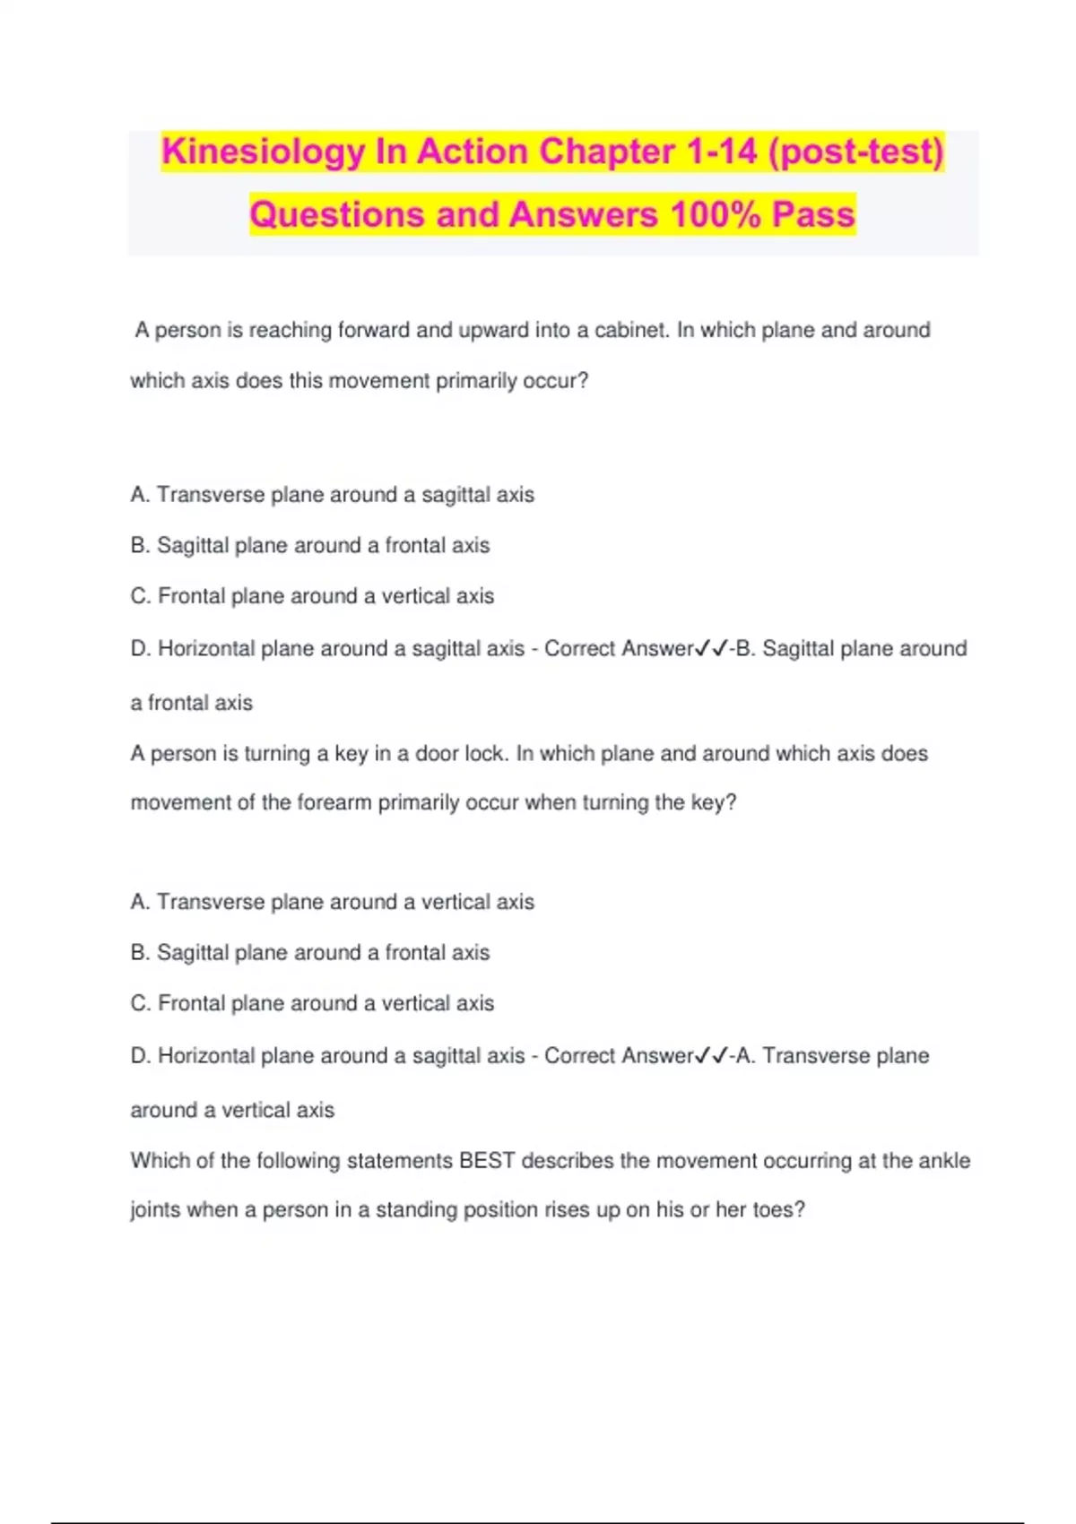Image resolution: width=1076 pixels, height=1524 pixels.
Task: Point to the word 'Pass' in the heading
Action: pyautogui.click(x=814, y=215)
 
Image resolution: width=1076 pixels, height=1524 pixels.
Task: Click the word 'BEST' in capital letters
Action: pyautogui.click(x=487, y=1161)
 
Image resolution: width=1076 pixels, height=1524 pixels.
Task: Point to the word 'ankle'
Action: pyautogui.click(x=944, y=1161)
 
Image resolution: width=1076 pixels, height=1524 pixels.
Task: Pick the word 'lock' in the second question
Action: pyautogui.click(x=483, y=754)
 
